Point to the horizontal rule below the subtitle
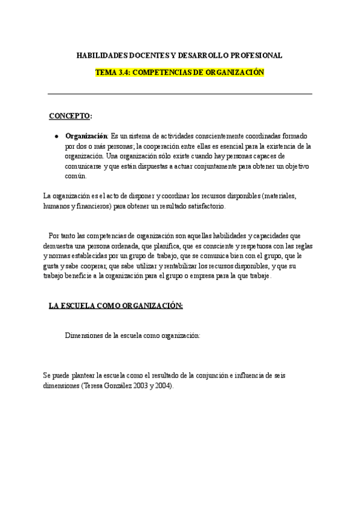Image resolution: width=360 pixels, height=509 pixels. pos(180,94)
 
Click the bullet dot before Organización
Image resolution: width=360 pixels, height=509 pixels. pos(56,136)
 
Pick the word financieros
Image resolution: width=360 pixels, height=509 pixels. pos(91,206)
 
